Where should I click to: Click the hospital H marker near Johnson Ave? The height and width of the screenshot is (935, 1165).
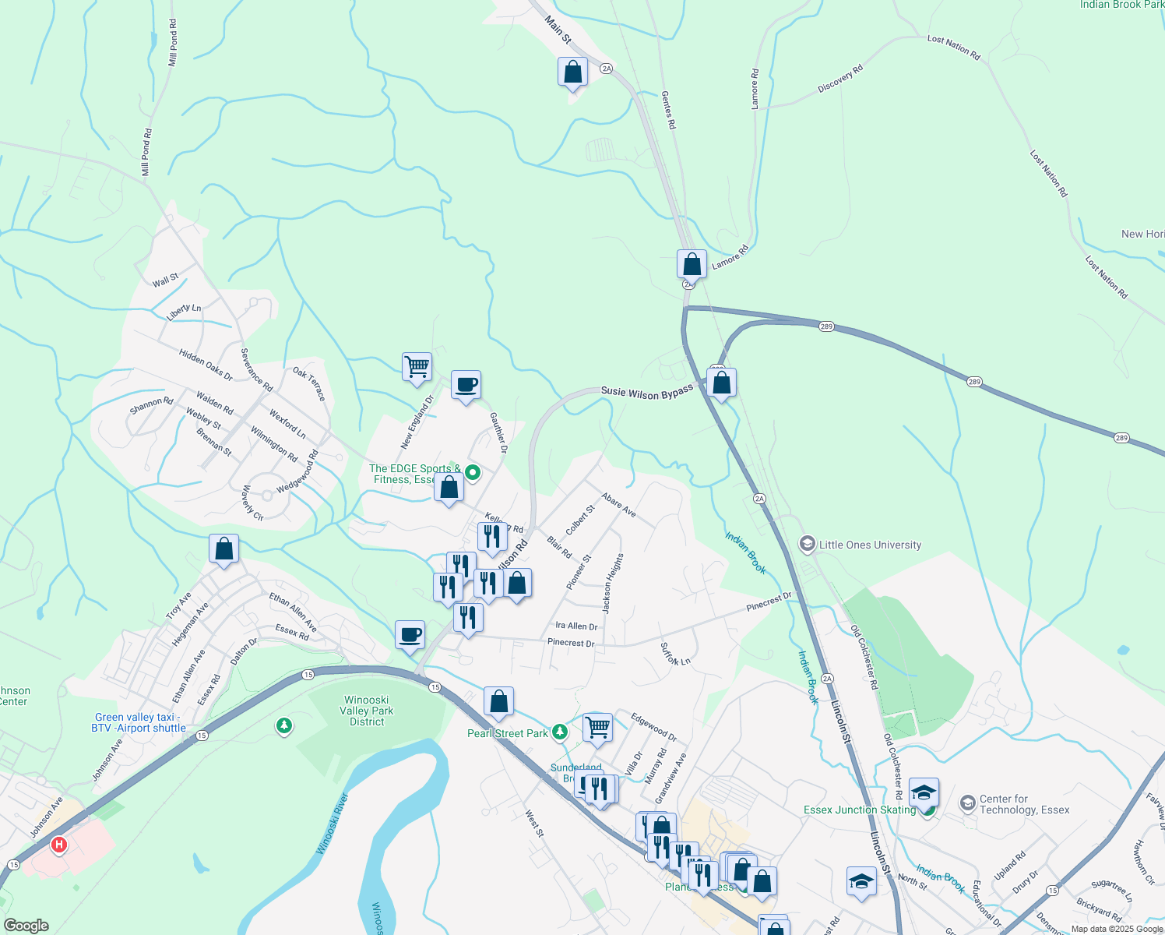[58, 845]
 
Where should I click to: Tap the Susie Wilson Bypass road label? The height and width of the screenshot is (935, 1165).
[646, 391]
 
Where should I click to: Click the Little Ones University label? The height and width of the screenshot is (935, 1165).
[870, 545]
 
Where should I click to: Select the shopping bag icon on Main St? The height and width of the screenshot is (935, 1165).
[572, 72]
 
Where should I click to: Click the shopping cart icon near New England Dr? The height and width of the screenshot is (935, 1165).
[417, 366]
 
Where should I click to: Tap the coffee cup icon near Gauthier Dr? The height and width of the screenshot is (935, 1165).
[466, 385]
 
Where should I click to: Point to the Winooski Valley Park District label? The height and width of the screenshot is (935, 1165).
[367, 711]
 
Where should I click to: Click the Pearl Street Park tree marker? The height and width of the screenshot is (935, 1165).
[560, 732]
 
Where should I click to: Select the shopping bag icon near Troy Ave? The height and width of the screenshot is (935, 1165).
[223, 549]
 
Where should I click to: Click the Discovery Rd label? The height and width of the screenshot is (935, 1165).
[840, 79]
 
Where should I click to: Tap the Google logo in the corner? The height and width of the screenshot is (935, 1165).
[26, 926]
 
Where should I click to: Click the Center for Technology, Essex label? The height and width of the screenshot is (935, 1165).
[1024, 804]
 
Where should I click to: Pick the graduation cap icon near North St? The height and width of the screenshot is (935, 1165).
[861, 881]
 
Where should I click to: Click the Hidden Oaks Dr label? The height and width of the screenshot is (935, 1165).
[205, 364]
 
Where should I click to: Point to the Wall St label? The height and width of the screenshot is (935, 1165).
[165, 280]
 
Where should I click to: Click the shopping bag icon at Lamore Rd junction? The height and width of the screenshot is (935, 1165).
[692, 264]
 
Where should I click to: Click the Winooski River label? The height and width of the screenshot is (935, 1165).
[333, 823]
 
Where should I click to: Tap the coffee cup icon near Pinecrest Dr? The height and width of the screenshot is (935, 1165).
[410, 635]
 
